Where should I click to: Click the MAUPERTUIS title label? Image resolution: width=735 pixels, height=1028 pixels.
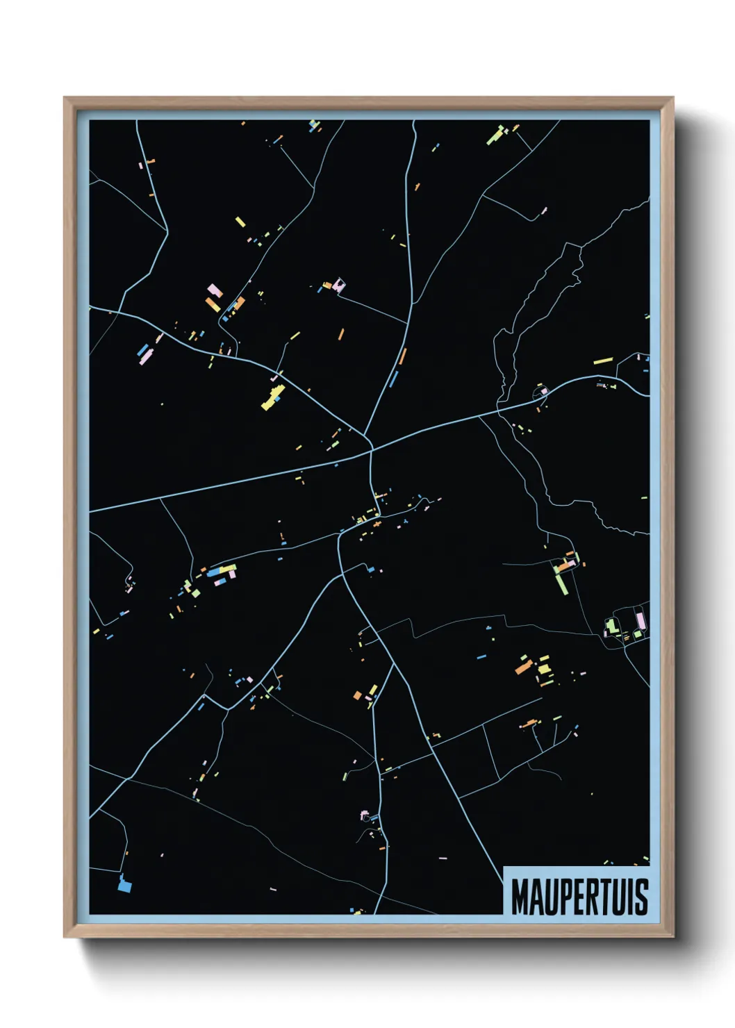[x=579, y=896]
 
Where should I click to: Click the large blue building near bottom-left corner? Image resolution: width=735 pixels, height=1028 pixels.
[x=124, y=884]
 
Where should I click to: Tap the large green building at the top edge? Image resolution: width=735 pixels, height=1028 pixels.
[x=495, y=134]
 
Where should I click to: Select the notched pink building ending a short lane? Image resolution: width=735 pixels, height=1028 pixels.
[x=339, y=285]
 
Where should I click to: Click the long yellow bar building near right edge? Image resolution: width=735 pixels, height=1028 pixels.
[x=603, y=360]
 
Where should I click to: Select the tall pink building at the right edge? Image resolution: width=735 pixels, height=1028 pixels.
[x=640, y=620]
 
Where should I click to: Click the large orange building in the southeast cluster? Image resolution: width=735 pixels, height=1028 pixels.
[x=523, y=668]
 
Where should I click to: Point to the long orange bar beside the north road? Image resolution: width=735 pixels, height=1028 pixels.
[x=402, y=356]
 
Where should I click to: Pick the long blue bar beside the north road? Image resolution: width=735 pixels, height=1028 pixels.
[x=394, y=379]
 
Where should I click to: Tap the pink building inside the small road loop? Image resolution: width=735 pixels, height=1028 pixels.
[x=544, y=392]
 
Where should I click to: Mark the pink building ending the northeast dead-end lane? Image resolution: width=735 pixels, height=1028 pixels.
[x=544, y=209]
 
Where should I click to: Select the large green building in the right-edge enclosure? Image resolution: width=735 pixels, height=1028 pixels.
[x=611, y=626]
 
